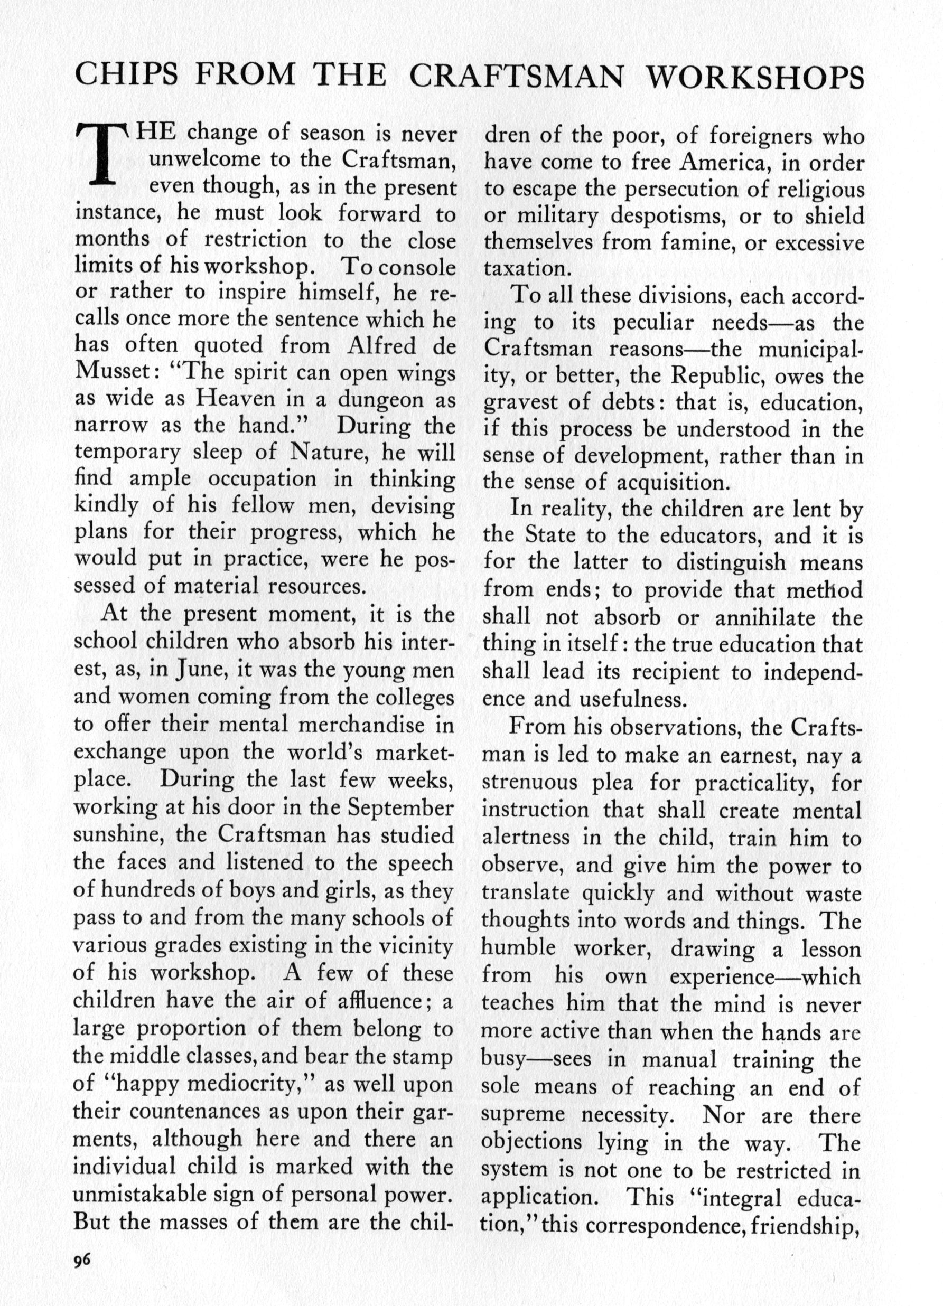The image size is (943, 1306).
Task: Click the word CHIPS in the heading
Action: (129, 75)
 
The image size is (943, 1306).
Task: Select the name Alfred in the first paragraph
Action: (381, 345)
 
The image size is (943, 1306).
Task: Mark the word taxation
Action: (524, 269)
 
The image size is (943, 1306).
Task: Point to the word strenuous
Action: (529, 783)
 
